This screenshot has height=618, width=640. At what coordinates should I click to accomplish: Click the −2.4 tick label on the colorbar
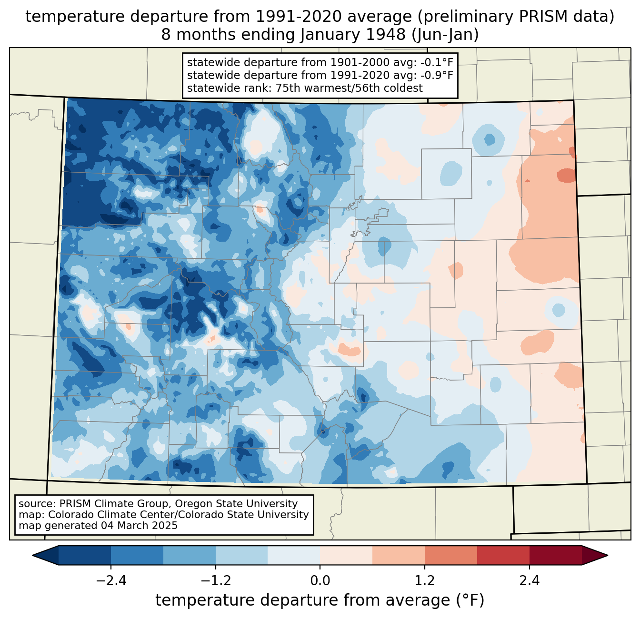tap(111, 581)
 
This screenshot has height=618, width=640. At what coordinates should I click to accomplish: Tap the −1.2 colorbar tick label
tap(216, 581)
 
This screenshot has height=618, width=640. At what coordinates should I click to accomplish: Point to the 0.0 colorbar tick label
tap(320, 581)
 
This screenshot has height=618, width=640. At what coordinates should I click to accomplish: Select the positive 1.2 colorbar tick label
tap(425, 581)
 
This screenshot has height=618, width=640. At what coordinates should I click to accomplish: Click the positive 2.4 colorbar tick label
tap(529, 581)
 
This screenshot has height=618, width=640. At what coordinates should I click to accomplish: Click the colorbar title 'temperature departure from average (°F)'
tap(320, 600)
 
